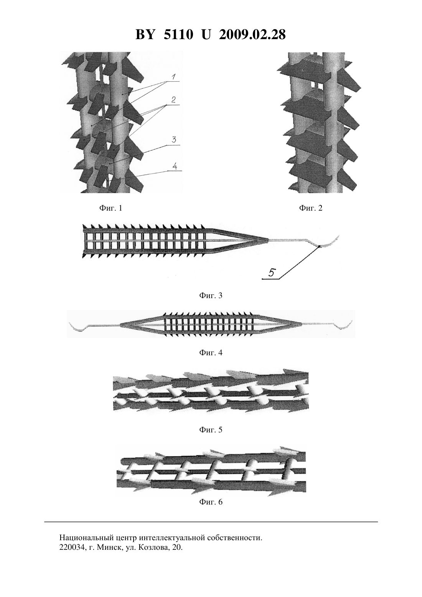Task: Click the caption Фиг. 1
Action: tap(110, 208)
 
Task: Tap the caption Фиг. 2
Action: tap(311, 208)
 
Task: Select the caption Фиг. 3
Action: tap(211, 295)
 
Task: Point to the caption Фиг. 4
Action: tap(211, 353)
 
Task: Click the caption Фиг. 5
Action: tap(211, 430)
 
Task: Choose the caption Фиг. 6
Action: tap(211, 502)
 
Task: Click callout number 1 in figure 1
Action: tap(173, 77)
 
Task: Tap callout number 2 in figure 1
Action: tap(173, 100)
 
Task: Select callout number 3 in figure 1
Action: tap(174, 139)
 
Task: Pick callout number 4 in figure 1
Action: tap(175, 166)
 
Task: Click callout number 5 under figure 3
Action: tap(271, 273)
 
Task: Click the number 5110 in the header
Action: tap(178, 35)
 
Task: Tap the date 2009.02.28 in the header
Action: tap(252, 35)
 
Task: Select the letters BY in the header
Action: tap(145, 35)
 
